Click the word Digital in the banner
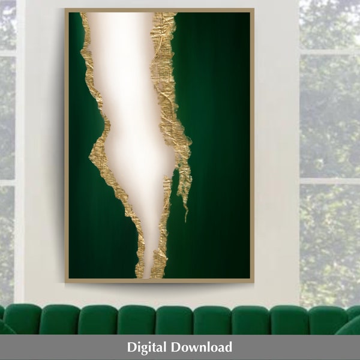point(147,347)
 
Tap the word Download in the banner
point(202,347)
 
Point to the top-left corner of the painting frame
point(65,10)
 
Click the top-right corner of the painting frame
point(253,10)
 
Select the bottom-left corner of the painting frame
point(65,281)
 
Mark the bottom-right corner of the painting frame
point(253,281)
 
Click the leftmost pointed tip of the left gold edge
point(91,158)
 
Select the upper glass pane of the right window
point(330,114)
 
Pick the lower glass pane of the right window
point(330,240)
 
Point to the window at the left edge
point(8,150)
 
